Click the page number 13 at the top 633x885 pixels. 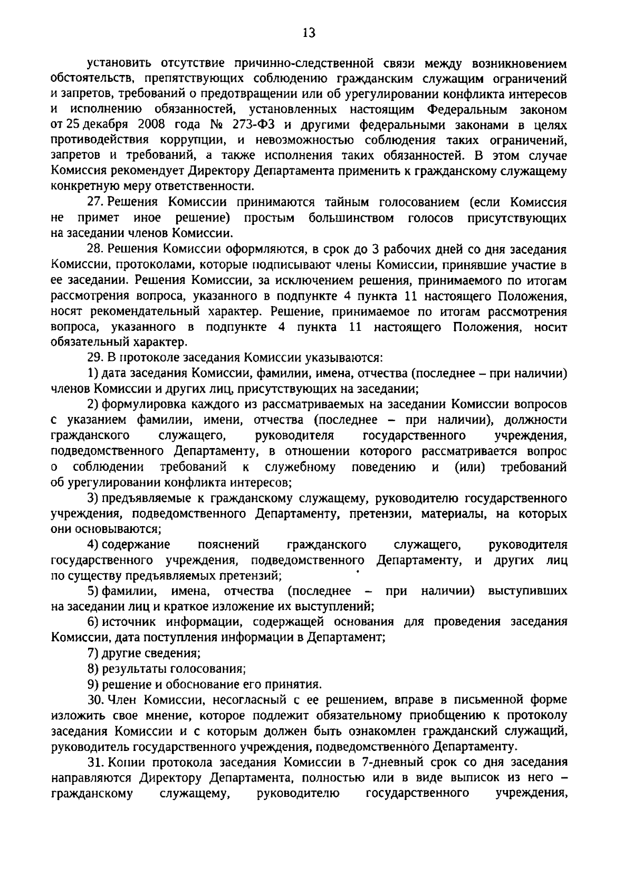(309, 33)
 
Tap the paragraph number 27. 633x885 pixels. (93, 203)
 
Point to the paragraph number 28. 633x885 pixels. (93, 249)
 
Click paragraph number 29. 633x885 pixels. (93, 358)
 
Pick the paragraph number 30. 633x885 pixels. (94, 700)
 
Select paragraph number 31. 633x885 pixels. (94, 762)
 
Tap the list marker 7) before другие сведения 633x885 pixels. (93, 653)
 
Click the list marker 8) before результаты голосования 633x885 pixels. (93, 669)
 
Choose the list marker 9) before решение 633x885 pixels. (93, 684)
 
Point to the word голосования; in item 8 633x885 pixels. (215, 669)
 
